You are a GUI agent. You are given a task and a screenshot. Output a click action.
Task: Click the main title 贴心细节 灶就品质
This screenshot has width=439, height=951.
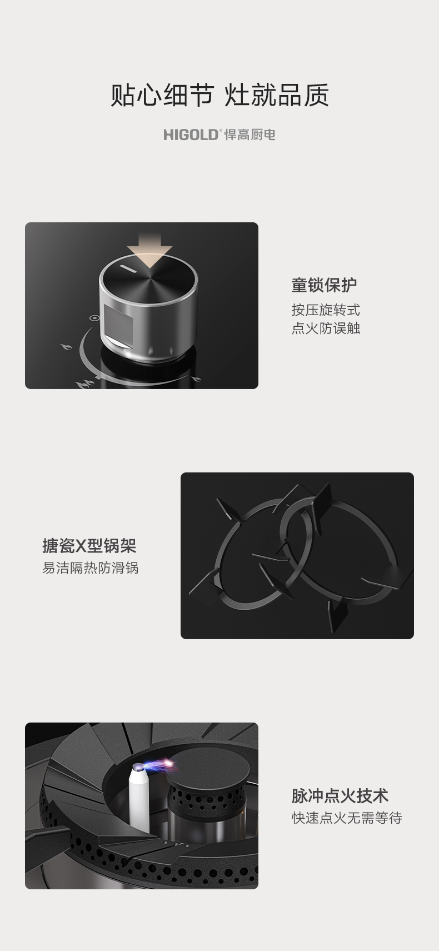pyautogui.click(x=219, y=94)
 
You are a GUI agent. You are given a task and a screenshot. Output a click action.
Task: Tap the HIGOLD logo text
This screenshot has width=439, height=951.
pyautogui.click(x=191, y=135)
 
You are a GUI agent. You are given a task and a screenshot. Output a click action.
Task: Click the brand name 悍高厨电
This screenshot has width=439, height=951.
pyautogui.click(x=250, y=135)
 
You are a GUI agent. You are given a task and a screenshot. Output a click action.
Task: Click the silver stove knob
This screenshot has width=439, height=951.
pyautogui.click(x=148, y=307)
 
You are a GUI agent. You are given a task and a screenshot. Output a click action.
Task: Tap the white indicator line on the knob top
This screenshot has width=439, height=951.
pyautogui.click(x=127, y=269)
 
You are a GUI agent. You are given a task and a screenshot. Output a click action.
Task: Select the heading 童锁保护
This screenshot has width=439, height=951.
pyautogui.click(x=324, y=285)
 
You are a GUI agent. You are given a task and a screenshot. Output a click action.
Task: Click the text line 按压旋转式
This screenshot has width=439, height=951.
pyautogui.click(x=326, y=310)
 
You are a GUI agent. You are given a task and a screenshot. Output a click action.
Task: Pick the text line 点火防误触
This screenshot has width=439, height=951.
pyautogui.click(x=326, y=328)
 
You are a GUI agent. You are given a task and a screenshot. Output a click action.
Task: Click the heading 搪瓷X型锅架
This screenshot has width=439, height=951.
pyautogui.click(x=89, y=546)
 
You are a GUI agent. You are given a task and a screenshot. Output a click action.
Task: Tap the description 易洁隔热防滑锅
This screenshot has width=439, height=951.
pyautogui.click(x=90, y=567)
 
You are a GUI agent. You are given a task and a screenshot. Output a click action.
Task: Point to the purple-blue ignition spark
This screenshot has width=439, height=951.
pyautogui.click(x=159, y=765)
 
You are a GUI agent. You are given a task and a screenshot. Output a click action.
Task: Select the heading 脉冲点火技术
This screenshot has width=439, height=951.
pyautogui.click(x=340, y=796)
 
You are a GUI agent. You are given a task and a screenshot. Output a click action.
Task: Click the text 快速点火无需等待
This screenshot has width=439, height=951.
pyautogui.click(x=347, y=818)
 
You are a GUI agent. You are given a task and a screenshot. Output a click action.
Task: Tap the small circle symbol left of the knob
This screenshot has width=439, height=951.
pyautogui.click(x=94, y=317)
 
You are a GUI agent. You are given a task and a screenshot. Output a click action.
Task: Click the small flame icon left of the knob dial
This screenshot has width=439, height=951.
pyautogui.click(x=66, y=348)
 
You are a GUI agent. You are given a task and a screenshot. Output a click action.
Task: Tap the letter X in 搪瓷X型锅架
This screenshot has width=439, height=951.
pyautogui.click(x=81, y=546)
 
